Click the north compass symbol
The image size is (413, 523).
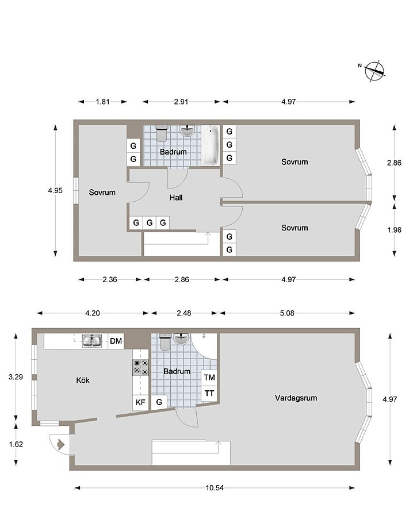point(374,71)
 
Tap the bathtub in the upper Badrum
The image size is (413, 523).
point(211,145)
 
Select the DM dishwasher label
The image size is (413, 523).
point(116,341)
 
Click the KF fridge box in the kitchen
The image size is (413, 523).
point(140,402)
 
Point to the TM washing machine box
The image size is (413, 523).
point(209,378)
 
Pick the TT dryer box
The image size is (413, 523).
point(209,394)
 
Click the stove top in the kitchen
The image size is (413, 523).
point(140,367)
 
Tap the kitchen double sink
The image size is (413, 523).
point(92,341)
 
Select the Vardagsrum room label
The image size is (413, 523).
point(296,398)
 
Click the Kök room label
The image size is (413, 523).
point(83,380)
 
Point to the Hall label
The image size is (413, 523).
point(176,198)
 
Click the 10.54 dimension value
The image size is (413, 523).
point(215,487)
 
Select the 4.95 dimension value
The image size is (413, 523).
point(55,190)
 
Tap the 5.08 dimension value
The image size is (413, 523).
point(287,313)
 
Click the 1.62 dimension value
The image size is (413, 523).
point(16,444)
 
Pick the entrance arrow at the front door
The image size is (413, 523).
point(61,444)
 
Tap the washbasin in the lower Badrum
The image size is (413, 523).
point(181,339)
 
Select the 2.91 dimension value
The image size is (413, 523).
point(181,102)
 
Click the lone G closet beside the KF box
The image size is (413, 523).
point(159,402)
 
